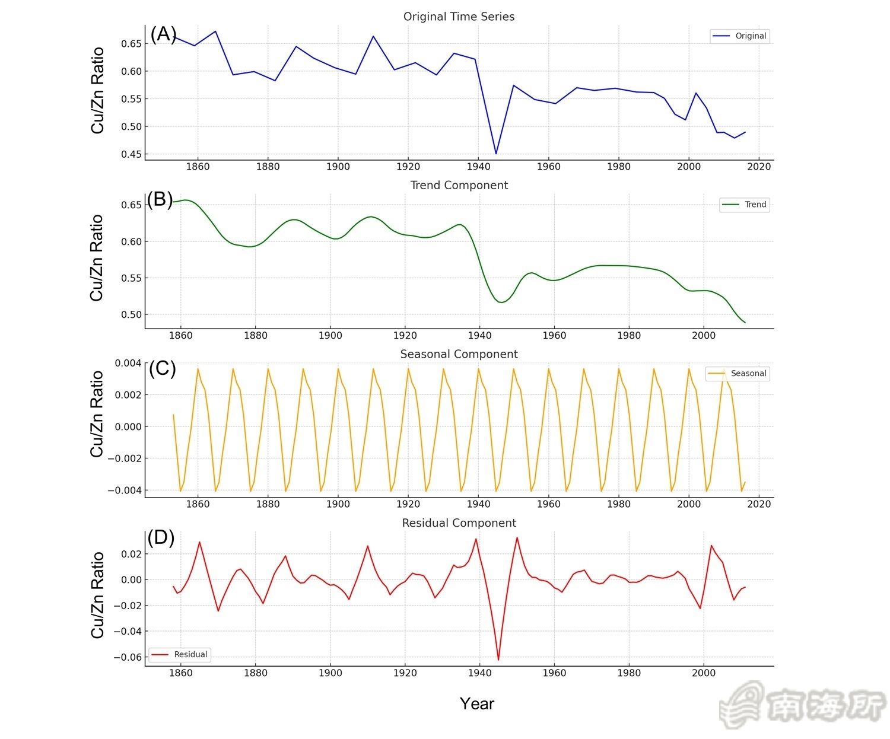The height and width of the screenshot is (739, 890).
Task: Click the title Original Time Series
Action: (459, 17)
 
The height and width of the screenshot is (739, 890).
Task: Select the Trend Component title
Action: (459, 185)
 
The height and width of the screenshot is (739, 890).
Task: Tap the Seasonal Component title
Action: (459, 354)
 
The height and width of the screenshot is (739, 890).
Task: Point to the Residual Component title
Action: (459, 523)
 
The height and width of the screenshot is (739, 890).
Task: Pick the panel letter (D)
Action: (161, 538)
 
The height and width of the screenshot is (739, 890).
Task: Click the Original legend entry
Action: (740, 36)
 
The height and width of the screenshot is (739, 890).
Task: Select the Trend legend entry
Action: (745, 205)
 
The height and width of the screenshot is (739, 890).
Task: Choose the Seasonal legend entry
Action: (738, 374)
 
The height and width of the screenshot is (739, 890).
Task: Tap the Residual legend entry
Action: (179, 655)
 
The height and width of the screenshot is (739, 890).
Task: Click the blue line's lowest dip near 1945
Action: (496, 154)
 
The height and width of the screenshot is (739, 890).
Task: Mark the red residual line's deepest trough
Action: (498, 660)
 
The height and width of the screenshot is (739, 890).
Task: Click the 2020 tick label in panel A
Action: (759, 167)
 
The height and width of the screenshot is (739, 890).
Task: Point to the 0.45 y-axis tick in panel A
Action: (131, 154)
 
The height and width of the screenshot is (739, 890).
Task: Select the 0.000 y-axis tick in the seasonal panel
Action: (124, 426)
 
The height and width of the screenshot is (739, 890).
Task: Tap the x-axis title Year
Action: (476, 704)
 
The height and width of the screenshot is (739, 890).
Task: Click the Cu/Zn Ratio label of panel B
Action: (97, 258)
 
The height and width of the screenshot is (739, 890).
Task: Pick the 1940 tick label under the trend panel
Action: (479, 335)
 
